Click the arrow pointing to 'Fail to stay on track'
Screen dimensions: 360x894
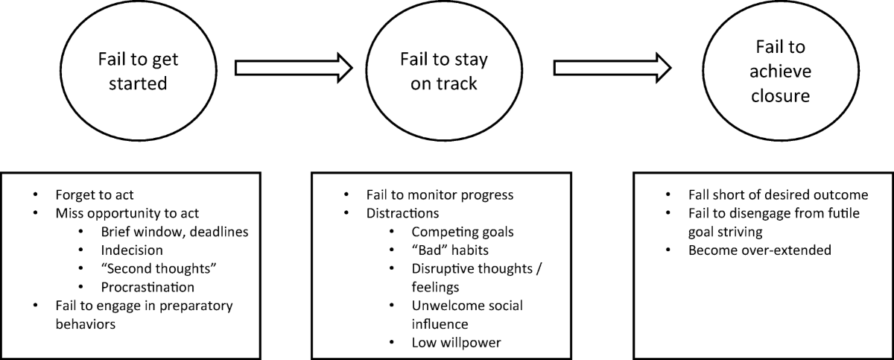pos(294,68)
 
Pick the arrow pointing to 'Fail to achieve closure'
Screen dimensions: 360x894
pos(612,68)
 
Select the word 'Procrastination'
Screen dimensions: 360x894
pos(148,287)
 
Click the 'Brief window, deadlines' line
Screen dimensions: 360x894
pos(174,233)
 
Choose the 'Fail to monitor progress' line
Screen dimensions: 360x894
pos(440,196)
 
